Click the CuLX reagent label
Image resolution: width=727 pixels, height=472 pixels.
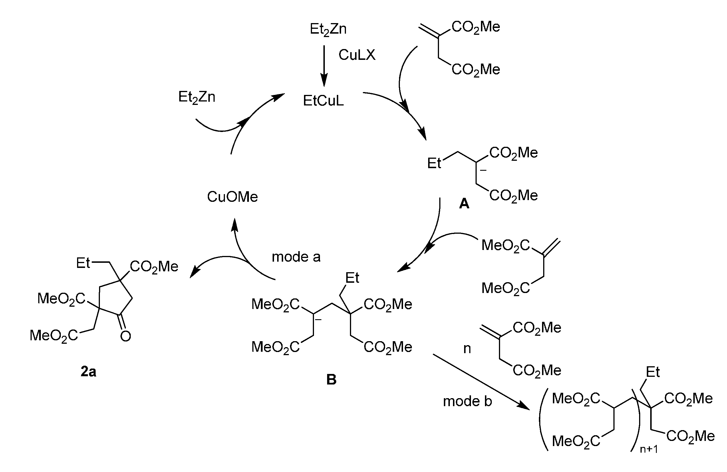click(357, 55)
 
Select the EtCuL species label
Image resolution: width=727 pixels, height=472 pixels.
click(323, 101)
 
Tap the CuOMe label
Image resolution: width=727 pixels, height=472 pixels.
click(232, 197)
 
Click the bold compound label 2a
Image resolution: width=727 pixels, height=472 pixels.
click(88, 372)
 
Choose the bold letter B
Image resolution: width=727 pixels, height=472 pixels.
click(331, 380)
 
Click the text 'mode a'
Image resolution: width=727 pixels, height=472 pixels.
click(296, 257)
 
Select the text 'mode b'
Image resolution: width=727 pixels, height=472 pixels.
click(467, 401)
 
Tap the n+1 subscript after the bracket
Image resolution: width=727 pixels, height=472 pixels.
click(649, 449)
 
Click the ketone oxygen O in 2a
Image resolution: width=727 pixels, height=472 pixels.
click(126, 336)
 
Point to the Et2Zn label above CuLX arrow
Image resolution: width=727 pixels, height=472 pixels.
click(328, 29)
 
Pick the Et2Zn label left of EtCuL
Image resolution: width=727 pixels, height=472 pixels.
click(197, 97)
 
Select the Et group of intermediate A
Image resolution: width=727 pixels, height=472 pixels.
click(434, 164)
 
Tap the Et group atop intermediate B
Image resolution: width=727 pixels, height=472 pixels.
click(352, 278)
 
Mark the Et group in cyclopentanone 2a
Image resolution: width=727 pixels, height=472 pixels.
click(83, 263)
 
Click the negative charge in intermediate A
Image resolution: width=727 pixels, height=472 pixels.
click(483, 170)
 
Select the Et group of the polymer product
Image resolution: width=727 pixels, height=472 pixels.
click(653, 372)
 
